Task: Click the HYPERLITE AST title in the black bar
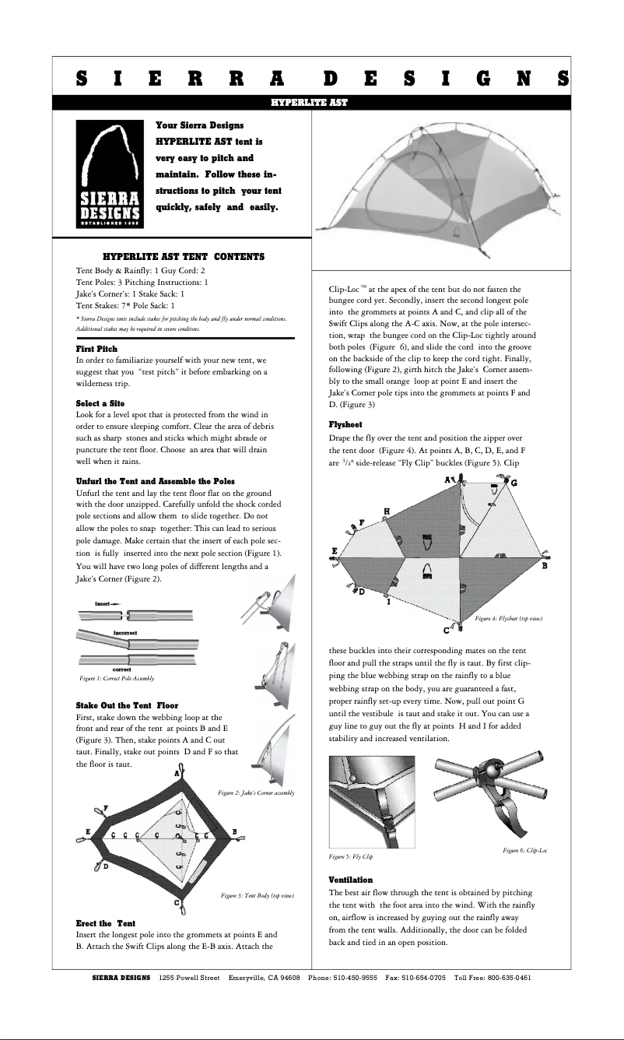(309, 102)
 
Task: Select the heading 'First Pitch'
(96, 349)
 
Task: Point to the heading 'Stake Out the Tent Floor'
(127, 705)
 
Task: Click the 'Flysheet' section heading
(347, 425)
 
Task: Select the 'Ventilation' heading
(350, 879)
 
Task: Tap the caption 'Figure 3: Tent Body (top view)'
(257, 897)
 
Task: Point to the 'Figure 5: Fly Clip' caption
(351, 856)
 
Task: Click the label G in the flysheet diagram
(514, 483)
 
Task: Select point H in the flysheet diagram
(387, 510)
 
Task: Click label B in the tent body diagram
(235, 831)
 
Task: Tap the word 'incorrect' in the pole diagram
(125, 633)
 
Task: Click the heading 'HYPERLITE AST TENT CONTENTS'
(183, 256)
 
